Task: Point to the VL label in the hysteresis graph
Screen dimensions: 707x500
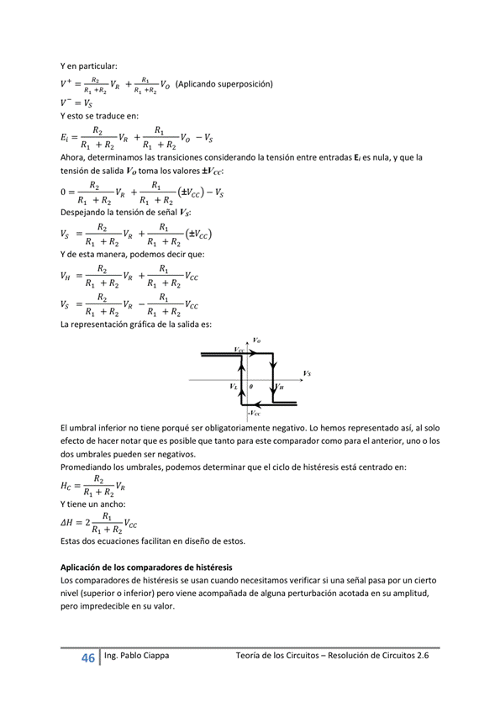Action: (234, 387)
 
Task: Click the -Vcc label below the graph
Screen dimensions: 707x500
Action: (254, 413)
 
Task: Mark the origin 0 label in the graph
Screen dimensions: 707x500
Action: (251, 387)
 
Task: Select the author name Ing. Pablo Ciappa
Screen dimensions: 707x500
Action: (133, 656)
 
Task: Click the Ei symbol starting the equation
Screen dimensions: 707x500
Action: (66, 137)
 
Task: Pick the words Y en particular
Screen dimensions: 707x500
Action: (89, 66)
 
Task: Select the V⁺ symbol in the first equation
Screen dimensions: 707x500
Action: (66, 84)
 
